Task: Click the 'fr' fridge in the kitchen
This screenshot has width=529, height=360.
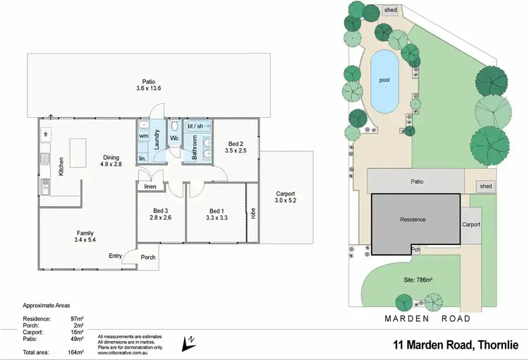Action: (x=45, y=133)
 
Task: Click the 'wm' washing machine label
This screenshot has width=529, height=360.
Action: (x=143, y=135)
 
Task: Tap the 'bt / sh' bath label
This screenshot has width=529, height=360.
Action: (x=195, y=126)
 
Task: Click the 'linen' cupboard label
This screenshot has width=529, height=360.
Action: (x=150, y=187)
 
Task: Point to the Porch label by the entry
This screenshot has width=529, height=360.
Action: (x=148, y=257)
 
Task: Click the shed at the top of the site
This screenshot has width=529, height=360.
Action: (x=390, y=11)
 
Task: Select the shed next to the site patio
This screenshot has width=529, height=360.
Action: (x=485, y=186)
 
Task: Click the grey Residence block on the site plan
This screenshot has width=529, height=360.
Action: (x=413, y=220)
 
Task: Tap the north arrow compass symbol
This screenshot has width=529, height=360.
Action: (x=189, y=342)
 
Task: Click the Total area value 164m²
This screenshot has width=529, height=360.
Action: (x=76, y=351)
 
